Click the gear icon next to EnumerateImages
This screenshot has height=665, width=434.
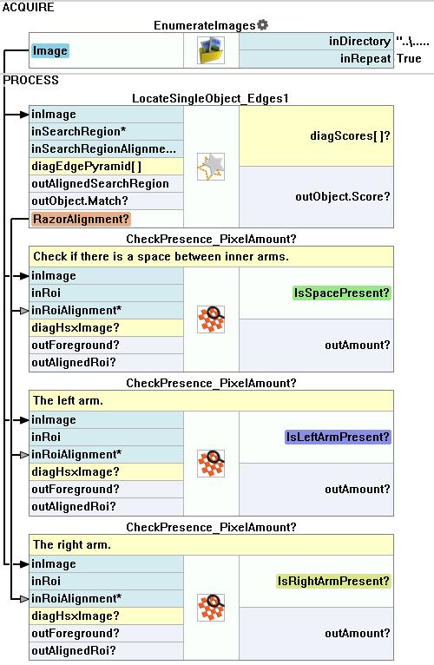(263, 25)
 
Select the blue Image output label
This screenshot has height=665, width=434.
(50, 51)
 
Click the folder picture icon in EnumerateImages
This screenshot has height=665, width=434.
(211, 50)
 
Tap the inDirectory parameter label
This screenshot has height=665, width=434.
(359, 41)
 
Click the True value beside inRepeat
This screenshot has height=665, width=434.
(409, 58)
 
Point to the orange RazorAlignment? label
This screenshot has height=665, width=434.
(81, 219)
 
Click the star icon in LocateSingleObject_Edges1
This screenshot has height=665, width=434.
(211, 167)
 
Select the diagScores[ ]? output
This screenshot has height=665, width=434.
(350, 136)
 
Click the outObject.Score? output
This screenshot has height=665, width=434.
(342, 196)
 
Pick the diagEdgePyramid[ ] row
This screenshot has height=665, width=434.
(106, 167)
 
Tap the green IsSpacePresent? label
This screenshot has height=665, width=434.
(341, 293)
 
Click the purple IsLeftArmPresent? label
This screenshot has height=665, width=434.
(338, 438)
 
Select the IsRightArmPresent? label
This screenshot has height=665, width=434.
(333, 581)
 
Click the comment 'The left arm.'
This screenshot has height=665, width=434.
(68, 401)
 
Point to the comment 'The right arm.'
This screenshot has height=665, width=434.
(72, 544)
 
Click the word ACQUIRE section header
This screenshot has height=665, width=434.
(28, 7)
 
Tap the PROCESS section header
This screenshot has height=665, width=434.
(30, 80)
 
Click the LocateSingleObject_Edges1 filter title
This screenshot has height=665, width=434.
(210, 98)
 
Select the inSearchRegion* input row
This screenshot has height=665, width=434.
(106, 131)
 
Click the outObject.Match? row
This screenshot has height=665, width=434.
(106, 201)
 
